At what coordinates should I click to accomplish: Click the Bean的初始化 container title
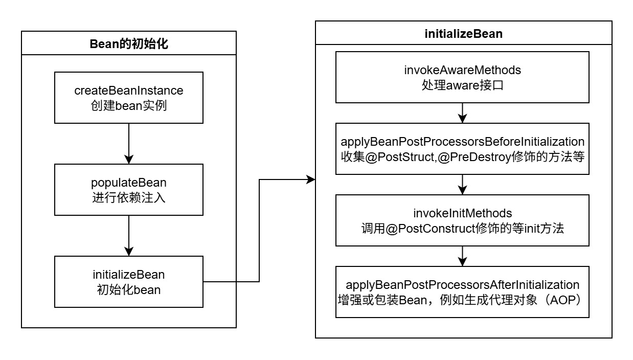(x=129, y=43)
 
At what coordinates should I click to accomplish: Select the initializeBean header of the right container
(x=463, y=34)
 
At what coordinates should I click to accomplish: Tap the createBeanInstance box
(x=129, y=97)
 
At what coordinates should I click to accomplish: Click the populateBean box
(x=129, y=189)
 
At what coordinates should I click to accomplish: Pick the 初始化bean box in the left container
(x=129, y=282)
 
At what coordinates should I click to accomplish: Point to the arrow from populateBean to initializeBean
(x=129, y=235)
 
